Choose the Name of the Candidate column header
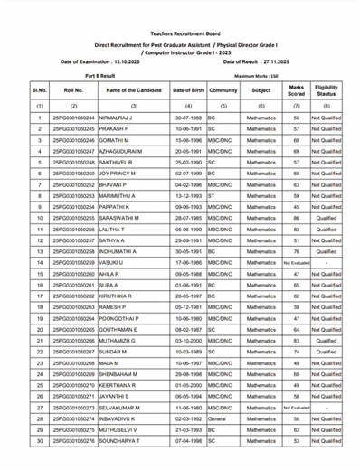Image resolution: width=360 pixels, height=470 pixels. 133,90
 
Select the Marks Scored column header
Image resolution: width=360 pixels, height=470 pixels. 296,90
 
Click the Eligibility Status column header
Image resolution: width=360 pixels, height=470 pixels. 327,90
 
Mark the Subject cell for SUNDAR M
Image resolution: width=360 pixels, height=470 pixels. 261,352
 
